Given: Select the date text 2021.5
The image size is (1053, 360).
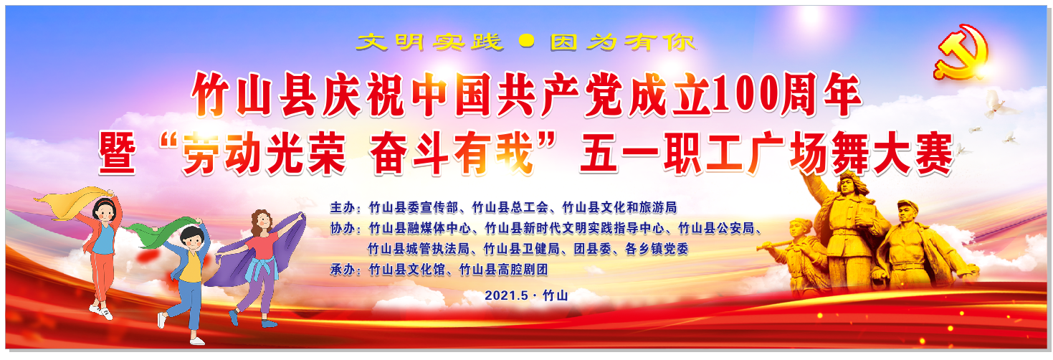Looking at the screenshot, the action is click(506, 295).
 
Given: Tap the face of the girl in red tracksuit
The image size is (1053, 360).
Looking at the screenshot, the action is click(104, 212).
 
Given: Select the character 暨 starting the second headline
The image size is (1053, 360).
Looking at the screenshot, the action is click(118, 153).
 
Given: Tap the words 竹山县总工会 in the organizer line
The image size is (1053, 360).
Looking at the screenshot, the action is click(510, 207).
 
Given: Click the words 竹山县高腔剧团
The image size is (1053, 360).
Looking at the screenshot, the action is click(503, 270).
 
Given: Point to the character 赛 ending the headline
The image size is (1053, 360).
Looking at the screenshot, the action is click(934, 153).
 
